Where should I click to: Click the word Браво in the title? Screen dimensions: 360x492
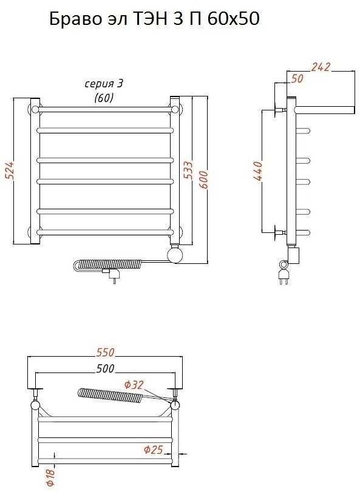pos(73,19)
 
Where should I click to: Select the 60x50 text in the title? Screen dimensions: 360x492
pos(233,19)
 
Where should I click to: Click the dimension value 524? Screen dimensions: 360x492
pos(11,170)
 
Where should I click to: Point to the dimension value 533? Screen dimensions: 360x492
pos(188,170)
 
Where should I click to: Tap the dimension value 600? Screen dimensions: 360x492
pos(203,180)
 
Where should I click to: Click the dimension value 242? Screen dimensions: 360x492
pos(321,67)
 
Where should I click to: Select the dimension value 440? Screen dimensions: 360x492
pos(258,171)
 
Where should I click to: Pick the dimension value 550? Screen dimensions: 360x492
pos(106,352)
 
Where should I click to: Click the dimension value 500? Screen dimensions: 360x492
pos(105,368)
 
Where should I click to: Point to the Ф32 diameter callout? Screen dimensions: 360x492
pos(134,385)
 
